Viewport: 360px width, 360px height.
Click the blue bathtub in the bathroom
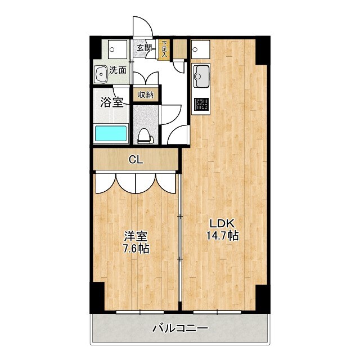[111, 134]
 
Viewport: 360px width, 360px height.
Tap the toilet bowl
[145, 135]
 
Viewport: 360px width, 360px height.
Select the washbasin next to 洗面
[101, 73]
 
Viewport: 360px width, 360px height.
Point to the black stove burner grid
[201, 104]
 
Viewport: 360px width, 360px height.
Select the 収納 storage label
[145, 94]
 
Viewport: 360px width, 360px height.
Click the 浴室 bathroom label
[112, 102]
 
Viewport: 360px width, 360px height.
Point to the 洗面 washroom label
[118, 70]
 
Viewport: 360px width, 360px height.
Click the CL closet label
[136, 160]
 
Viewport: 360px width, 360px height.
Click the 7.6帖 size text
[136, 248]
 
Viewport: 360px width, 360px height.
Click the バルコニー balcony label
[180, 328]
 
